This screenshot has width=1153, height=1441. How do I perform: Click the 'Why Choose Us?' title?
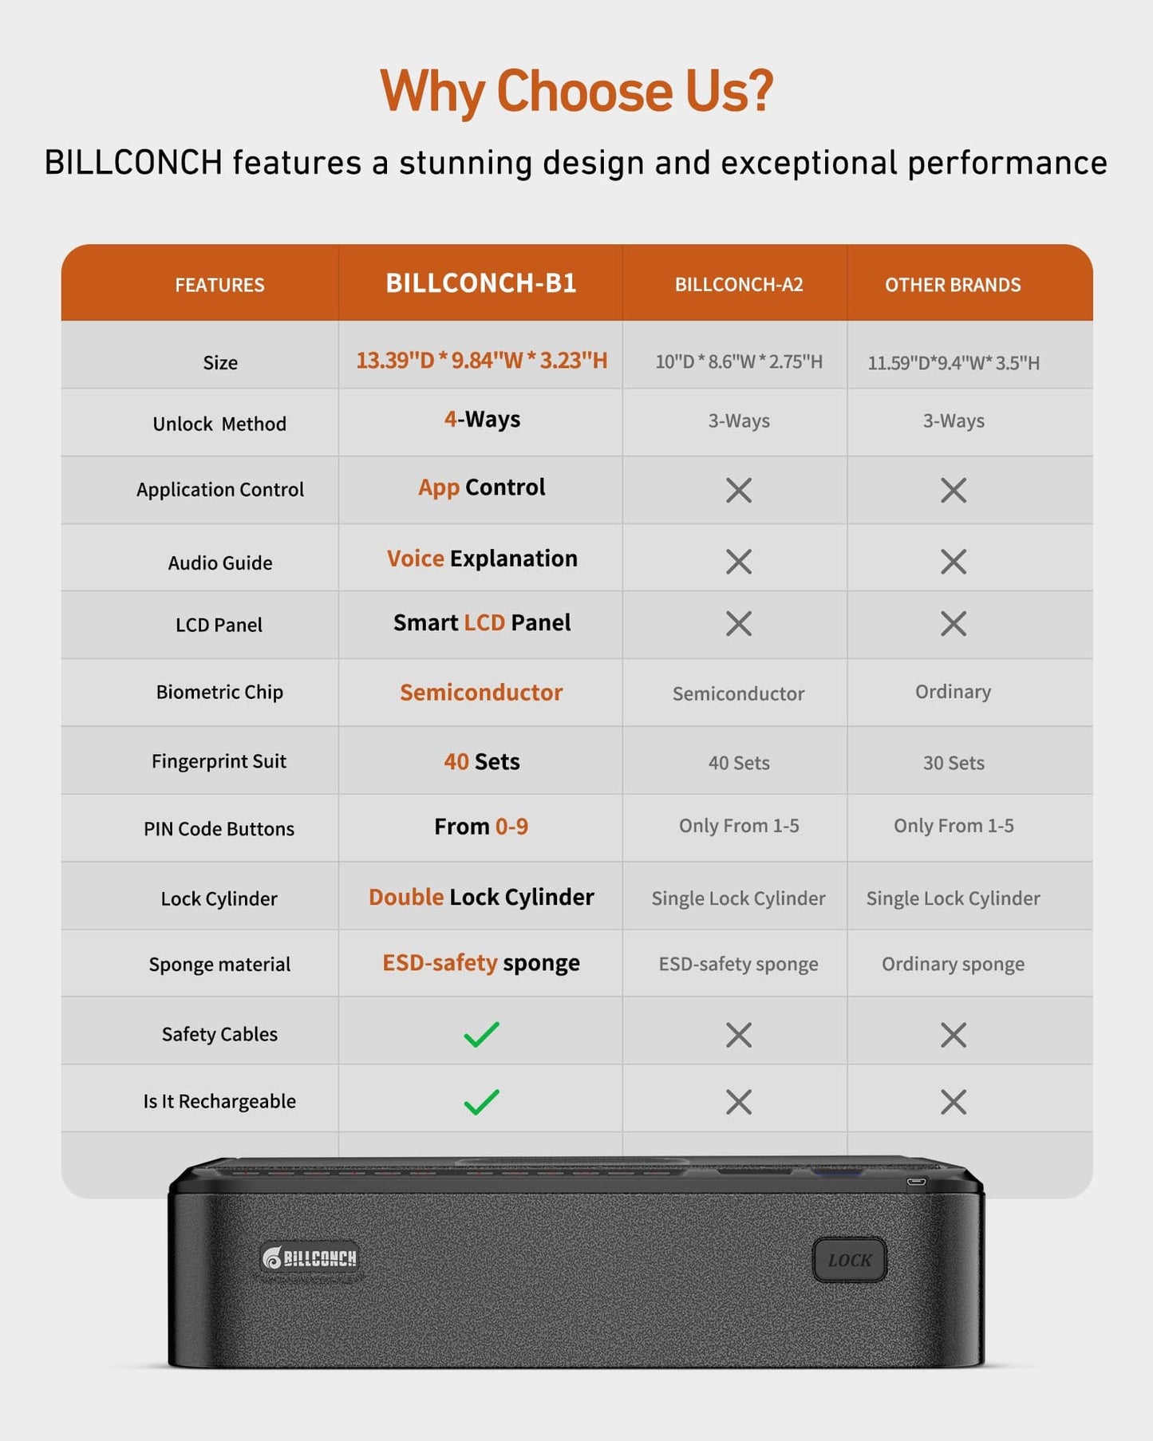[x=576, y=92]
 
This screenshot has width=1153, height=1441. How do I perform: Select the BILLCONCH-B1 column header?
[x=481, y=283]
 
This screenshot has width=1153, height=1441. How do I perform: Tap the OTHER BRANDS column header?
[x=953, y=285]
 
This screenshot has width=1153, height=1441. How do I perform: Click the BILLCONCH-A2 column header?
[x=739, y=285]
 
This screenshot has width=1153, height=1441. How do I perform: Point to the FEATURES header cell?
[x=219, y=285]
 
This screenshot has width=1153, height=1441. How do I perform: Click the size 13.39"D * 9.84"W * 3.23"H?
[x=481, y=361]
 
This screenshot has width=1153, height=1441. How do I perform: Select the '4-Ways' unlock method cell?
[x=482, y=420]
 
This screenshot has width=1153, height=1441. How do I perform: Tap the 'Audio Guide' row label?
[x=220, y=563]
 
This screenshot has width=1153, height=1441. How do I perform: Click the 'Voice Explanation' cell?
[x=482, y=559]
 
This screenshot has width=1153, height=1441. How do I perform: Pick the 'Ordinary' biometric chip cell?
[x=953, y=692]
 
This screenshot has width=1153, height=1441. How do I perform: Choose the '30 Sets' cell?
[x=954, y=763]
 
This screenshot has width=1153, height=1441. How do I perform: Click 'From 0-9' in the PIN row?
[x=481, y=827]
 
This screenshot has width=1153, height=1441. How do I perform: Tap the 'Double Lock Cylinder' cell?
[x=481, y=897]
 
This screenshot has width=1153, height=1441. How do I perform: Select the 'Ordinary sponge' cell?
[x=953, y=964]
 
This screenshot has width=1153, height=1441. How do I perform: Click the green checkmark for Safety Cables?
[x=481, y=1034]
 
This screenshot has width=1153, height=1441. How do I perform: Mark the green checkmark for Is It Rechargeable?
[x=481, y=1102]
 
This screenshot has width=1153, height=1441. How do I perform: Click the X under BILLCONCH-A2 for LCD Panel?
[x=739, y=624]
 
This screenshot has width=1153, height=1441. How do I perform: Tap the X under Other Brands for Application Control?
[x=954, y=490]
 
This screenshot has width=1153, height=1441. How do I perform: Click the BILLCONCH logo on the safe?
[x=310, y=1258]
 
